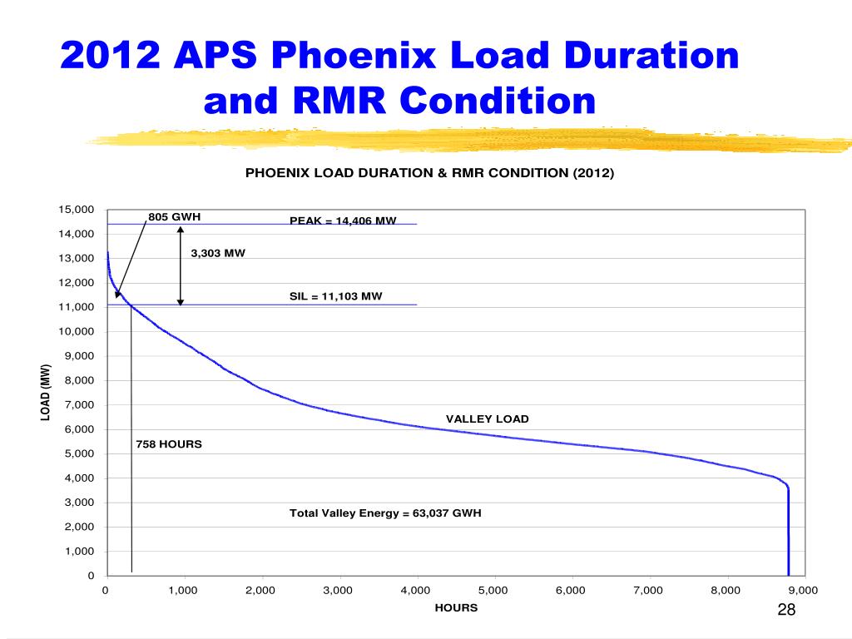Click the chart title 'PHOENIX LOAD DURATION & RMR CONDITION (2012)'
point(428,173)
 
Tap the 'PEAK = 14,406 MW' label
point(343,221)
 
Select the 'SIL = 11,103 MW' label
point(335,296)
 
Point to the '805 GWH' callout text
point(175,217)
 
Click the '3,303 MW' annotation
point(218,254)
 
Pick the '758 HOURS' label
point(169,444)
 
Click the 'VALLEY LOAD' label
point(487,419)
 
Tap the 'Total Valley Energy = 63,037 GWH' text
point(385,513)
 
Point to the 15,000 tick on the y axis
point(76,209)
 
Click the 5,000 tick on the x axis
point(494,591)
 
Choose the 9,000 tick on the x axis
point(804,591)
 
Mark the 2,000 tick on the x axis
point(260,591)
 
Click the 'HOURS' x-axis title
point(456,608)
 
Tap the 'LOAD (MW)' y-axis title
point(47,392)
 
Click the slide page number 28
point(786,610)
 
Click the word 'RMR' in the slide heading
point(334,102)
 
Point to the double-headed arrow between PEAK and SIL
point(181,265)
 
